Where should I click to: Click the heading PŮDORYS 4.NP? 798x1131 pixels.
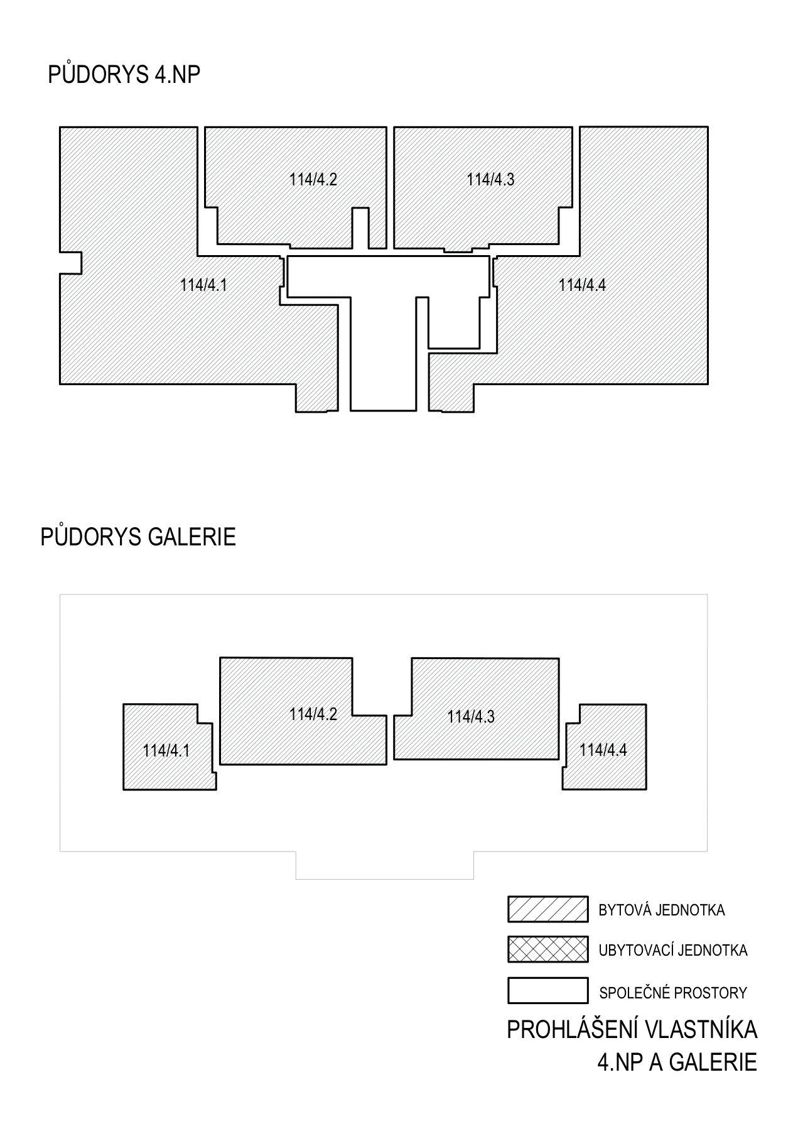pos(124,74)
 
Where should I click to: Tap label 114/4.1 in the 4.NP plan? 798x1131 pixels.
pos(203,285)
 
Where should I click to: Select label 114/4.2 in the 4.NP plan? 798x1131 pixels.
pos(313,179)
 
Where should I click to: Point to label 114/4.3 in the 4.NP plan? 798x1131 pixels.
pos(490,179)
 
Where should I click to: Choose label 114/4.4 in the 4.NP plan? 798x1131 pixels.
pos(583,285)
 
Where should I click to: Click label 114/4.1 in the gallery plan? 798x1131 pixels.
pos(166,750)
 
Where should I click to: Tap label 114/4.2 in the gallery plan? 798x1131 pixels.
pos(313,714)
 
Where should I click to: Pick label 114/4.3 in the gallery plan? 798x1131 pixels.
pos(471,716)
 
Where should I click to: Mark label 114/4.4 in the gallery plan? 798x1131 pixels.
pos(603,750)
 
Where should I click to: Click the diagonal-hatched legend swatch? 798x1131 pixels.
pos(547,909)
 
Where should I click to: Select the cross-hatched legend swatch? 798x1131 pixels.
pos(547,949)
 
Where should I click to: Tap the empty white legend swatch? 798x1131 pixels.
pos(547,990)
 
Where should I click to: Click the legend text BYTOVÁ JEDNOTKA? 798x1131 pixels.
pos(662,910)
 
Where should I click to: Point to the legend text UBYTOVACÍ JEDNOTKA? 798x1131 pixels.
pos(673,950)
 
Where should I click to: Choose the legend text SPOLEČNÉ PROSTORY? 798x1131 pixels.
pos(673,993)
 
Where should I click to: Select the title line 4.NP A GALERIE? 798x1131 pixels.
pos(677,1063)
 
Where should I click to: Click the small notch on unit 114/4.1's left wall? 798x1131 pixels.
pos(71,263)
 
